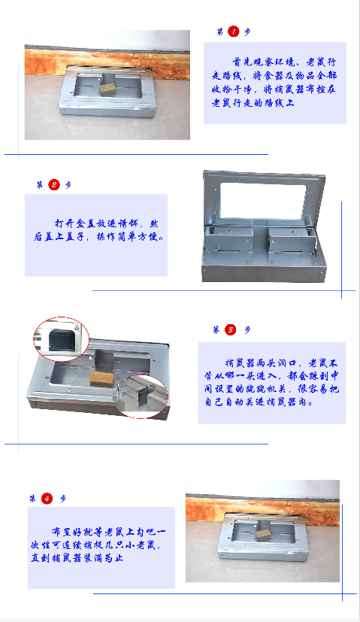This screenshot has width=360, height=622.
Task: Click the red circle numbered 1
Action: click(233, 32)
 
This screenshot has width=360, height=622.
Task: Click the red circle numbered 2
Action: click(53, 185)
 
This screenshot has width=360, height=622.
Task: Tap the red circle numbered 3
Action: click(231, 329)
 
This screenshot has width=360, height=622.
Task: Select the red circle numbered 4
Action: click(47, 498)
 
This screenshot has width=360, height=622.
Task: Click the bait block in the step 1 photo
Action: click(109, 88)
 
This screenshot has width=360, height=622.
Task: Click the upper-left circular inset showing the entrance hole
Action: click(61, 339)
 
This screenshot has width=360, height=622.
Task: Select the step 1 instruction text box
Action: click(274, 83)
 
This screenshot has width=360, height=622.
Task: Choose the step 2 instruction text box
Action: click(96, 235)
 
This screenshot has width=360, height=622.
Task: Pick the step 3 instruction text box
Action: click(271, 383)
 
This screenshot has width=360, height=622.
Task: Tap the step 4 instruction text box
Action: click(101, 547)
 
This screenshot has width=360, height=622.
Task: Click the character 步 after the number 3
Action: click(247, 329)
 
